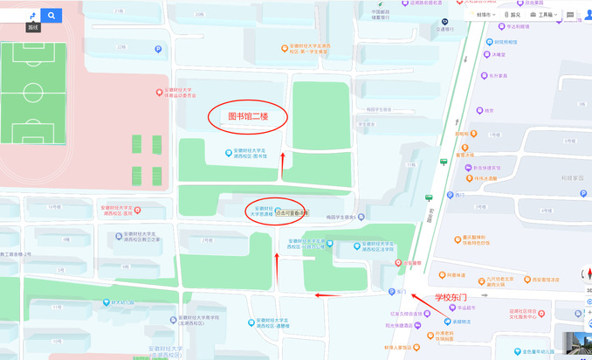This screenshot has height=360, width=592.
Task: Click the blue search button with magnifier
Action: [52, 15]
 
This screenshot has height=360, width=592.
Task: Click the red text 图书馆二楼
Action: [246, 116]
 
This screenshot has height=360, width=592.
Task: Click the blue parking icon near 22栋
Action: [157, 50]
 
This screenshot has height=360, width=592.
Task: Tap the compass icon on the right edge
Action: [588, 272]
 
